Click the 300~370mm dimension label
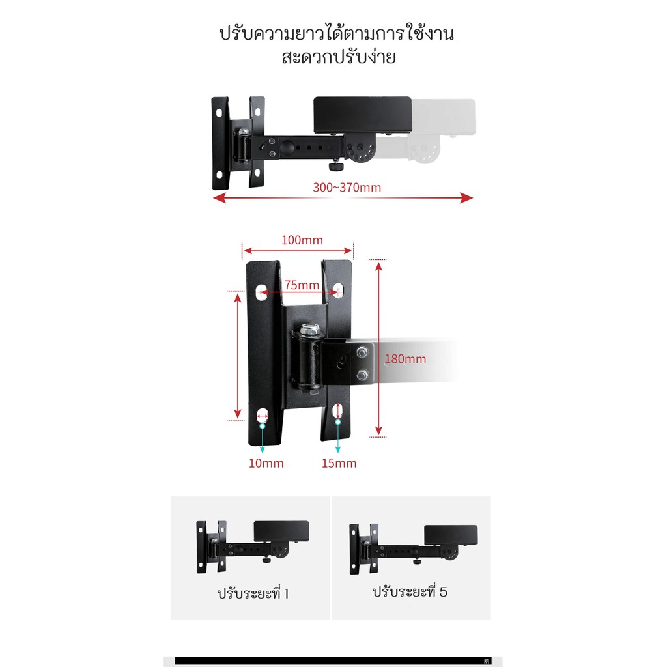coord(347,187)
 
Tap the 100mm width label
coord(302,240)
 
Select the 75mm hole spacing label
coord(302,285)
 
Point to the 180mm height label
coord(405,359)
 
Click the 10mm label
coord(266,463)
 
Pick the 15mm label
coord(339,463)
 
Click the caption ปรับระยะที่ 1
coord(253,593)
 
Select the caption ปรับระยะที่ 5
coord(410,591)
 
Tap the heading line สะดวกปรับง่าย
coord(339,57)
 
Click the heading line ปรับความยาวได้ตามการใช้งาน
coord(337,33)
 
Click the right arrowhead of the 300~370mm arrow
coord(467,198)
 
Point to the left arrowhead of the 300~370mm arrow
coord(219,198)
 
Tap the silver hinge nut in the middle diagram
coord(311,329)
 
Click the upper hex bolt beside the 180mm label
coord(362,352)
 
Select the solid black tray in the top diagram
coord(362,115)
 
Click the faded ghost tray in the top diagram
coord(444,117)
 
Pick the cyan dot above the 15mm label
coord(338,422)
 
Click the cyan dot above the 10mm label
coord(263,426)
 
